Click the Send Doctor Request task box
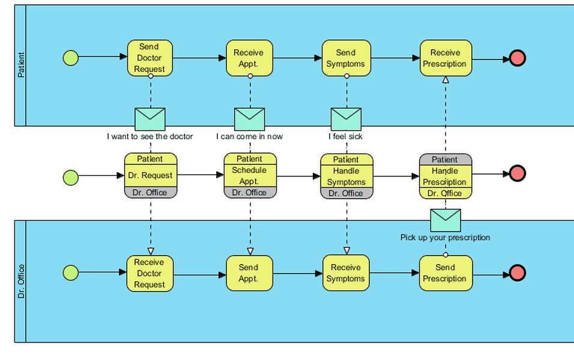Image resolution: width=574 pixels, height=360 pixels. pos(150,58)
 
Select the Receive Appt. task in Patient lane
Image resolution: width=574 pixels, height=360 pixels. pos(249,58)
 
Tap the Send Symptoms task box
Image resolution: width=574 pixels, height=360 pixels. pos(346,58)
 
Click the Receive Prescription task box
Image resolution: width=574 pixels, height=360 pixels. pos(445,58)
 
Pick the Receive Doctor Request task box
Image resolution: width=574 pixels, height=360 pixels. pos(150,274)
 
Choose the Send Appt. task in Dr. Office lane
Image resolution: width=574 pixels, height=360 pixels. pos(249,274)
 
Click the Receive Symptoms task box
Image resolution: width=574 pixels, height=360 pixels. pos(346,274)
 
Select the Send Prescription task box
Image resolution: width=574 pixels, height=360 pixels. pos(445,274)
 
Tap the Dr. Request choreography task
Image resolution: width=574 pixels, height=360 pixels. pos(150,176)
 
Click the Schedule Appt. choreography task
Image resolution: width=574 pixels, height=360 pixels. pos(250,176)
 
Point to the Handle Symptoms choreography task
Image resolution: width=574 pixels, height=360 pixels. pos(346,176)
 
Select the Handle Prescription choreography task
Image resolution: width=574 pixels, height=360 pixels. pos(445,176)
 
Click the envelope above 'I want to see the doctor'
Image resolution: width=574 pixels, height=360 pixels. pos(150,119)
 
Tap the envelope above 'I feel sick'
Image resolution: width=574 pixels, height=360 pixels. pos(346,119)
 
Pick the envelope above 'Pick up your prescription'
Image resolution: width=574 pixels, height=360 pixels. pos(446,221)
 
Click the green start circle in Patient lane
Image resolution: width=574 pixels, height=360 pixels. pos(71,58)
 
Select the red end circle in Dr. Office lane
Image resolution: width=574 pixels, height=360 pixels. pos(518,273)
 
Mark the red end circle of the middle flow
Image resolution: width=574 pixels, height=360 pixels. pos(518,174)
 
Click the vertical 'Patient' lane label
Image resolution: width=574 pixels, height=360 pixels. pos(20,65)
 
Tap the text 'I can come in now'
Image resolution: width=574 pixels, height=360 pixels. pos(249,137)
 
